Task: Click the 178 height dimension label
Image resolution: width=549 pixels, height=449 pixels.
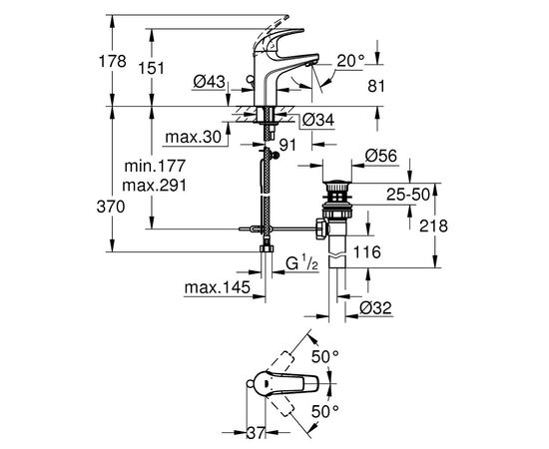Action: (x=113, y=62)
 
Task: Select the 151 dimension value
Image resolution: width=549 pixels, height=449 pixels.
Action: (x=151, y=68)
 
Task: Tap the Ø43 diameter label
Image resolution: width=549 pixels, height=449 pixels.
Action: (x=209, y=82)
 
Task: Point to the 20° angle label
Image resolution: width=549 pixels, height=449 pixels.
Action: (x=351, y=61)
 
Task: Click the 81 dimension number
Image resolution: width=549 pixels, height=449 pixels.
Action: (x=376, y=86)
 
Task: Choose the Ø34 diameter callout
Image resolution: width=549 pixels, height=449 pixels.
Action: (x=317, y=120)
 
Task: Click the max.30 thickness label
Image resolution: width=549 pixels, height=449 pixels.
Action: (x=194, y=137)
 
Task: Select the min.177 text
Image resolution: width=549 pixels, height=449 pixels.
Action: (x=155, y=166)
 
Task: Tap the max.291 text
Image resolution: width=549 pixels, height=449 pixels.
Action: (x=155, y=186)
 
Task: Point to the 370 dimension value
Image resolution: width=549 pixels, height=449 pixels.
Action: (x=111, y=207)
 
